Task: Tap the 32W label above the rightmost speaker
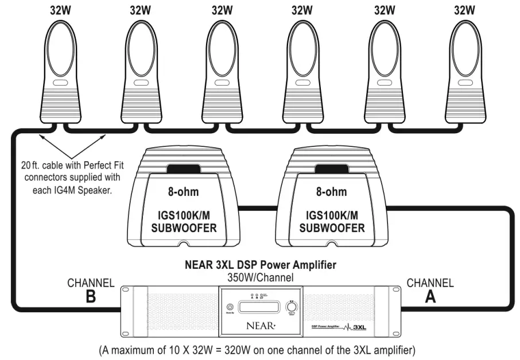click(465, 10)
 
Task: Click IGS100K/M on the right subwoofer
click(330, 215)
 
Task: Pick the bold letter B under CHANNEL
click(90, 297)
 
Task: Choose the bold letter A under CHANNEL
click(430, 297)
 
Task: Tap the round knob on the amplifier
click(291, 308)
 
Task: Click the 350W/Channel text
click(260, 277)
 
